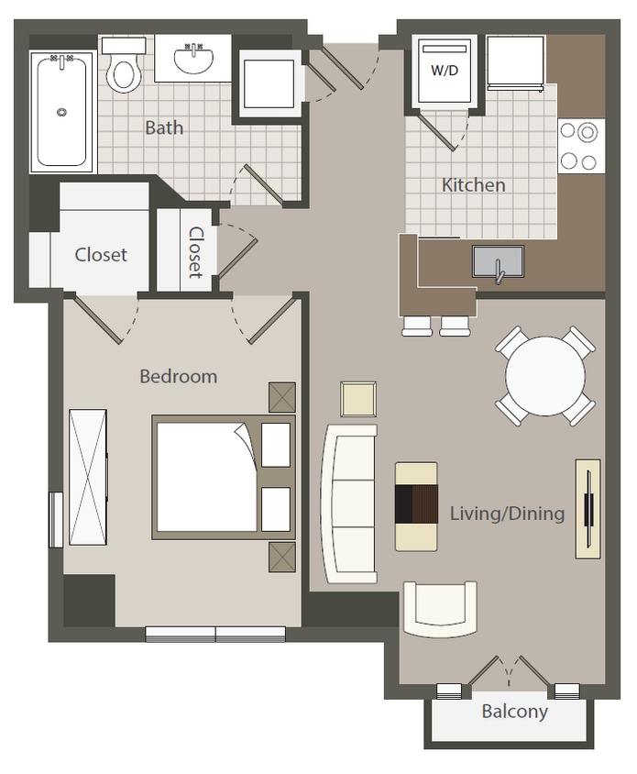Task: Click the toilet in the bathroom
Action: pyautogui.click(x=123, y=70)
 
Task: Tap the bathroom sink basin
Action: pyautogui.click(x=193, y=60)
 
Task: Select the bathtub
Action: pyautogui.click(x=61, y=111)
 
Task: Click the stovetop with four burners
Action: pyautogui.click(x=580, y=146)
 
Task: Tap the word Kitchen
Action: pyautogui.click(x=473, y=185)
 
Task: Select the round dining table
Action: pyautogui.click(x=545, y=375)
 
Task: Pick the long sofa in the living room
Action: pyautogui.click(x=349, y=503)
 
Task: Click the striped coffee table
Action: pyautogui.click(x=416, y=506)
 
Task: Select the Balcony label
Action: pyautogui.click(x=514, y=712)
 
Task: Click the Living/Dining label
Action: pyautogui.click(x=507, y=514)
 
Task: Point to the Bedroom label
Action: pyautogui.click(x=178, y=376)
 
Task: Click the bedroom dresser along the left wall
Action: pyautogui.click(x=88, y=478)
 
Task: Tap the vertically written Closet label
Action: pyautogui.click(x=195, y=252)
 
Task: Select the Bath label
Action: pyautogui.click(x=164, y=127)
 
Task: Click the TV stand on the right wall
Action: pyautogui.click(x=587, y=508)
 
